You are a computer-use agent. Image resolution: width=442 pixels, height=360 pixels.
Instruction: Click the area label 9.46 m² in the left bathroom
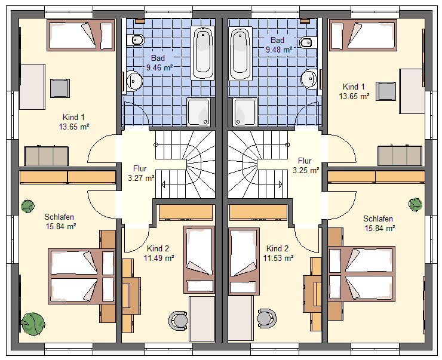pyautogui.click(x=159, y=67)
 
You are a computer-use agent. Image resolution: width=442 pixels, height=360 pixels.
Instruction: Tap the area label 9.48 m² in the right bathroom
pyautogui.click(x=279, y=50)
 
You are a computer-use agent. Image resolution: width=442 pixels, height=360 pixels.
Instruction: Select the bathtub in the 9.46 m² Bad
pyautogui.click(x=202, y=53)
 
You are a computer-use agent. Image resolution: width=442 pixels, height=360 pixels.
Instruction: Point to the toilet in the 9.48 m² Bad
pyautogui.click(x=307, y=43)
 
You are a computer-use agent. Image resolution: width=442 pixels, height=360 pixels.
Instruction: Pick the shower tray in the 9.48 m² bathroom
pyautogui.click(x=245, y=112)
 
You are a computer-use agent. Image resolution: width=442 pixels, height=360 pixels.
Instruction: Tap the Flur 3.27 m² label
pyautogui.click(x=141, y=173)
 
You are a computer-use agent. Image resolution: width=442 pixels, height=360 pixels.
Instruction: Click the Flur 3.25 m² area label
pyautogui.click(x=306, y=165)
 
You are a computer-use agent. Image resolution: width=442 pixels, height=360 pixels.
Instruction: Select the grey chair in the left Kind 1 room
pyautogui.click(x=60, y=88)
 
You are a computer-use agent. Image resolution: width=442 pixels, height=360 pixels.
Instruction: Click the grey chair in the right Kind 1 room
pyautogui.click(x=386, y=91)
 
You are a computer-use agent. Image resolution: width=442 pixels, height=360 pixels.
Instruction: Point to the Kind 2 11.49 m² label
pyautogui.click(x=159, y=253)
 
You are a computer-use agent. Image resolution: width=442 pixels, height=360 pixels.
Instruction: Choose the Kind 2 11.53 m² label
pyautogui.click(x=278, y=253)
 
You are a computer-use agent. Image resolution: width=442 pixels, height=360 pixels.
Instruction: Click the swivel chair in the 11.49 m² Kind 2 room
pyautogui.click(x=178, y=320)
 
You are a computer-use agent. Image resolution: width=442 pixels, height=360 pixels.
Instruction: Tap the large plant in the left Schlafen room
pyautogui.click(x=33, y=324)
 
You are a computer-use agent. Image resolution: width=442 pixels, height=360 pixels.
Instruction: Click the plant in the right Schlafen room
pyautogui.click(x=415, y=204)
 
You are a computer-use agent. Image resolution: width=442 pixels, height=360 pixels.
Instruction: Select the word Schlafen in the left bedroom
pyautogui.click(x=59, y=217)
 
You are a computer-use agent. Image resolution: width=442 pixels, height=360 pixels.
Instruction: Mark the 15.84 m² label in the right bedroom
pyautogui.click(x=380, y=228)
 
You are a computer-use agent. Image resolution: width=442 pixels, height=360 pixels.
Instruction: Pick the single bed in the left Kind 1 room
pyautogui.click(x=81, y=35)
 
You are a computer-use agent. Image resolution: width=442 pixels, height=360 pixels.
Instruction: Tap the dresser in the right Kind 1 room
pyautogui.click(x=400, y=156)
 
